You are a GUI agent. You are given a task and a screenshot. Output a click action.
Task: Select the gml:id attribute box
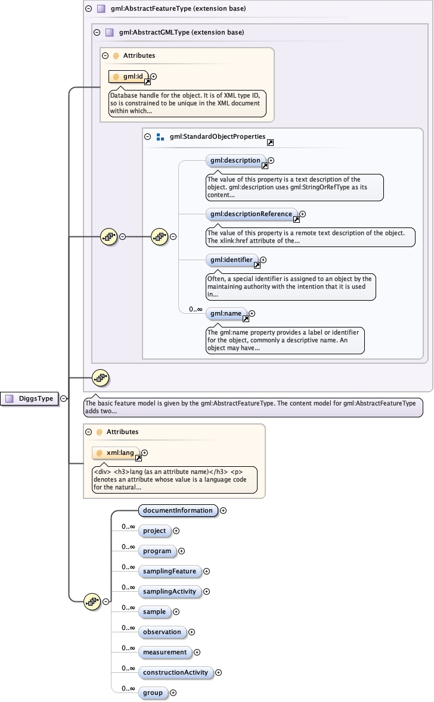(x=128, y=76)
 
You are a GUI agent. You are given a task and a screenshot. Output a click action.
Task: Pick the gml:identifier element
(x=232, y=260)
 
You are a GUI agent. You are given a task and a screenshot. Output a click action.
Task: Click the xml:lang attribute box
(x=117, y=453)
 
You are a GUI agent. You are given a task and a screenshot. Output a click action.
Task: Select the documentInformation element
(x=178, y=510)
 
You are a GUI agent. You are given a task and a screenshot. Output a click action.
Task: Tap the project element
(x=154, y=531)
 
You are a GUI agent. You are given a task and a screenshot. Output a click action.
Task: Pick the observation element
(x=162, y=632)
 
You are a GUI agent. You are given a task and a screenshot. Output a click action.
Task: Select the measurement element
(x=165, y=652)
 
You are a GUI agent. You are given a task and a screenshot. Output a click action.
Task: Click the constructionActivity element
(x=176, y=672)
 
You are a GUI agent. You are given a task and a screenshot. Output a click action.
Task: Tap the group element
(x=153, y=692)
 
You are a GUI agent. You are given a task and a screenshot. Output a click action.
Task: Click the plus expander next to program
(x=182, y=551)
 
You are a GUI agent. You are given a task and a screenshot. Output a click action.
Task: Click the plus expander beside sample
(x=176, y=612)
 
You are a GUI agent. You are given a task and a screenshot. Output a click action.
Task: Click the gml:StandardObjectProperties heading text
(x=217, y=136)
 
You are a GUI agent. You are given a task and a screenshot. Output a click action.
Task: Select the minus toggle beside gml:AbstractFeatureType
(x=88, y=9)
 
